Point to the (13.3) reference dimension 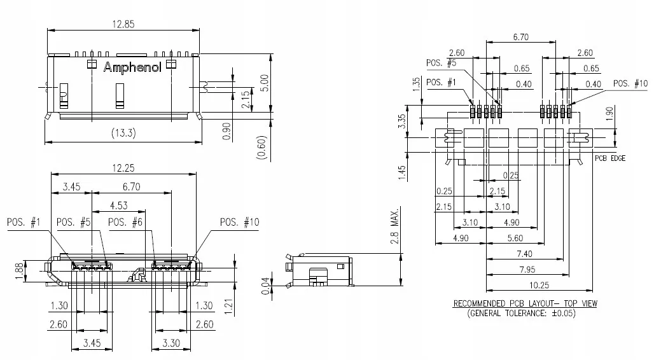(x=123, y=133)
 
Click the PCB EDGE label (x=611, y=158)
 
